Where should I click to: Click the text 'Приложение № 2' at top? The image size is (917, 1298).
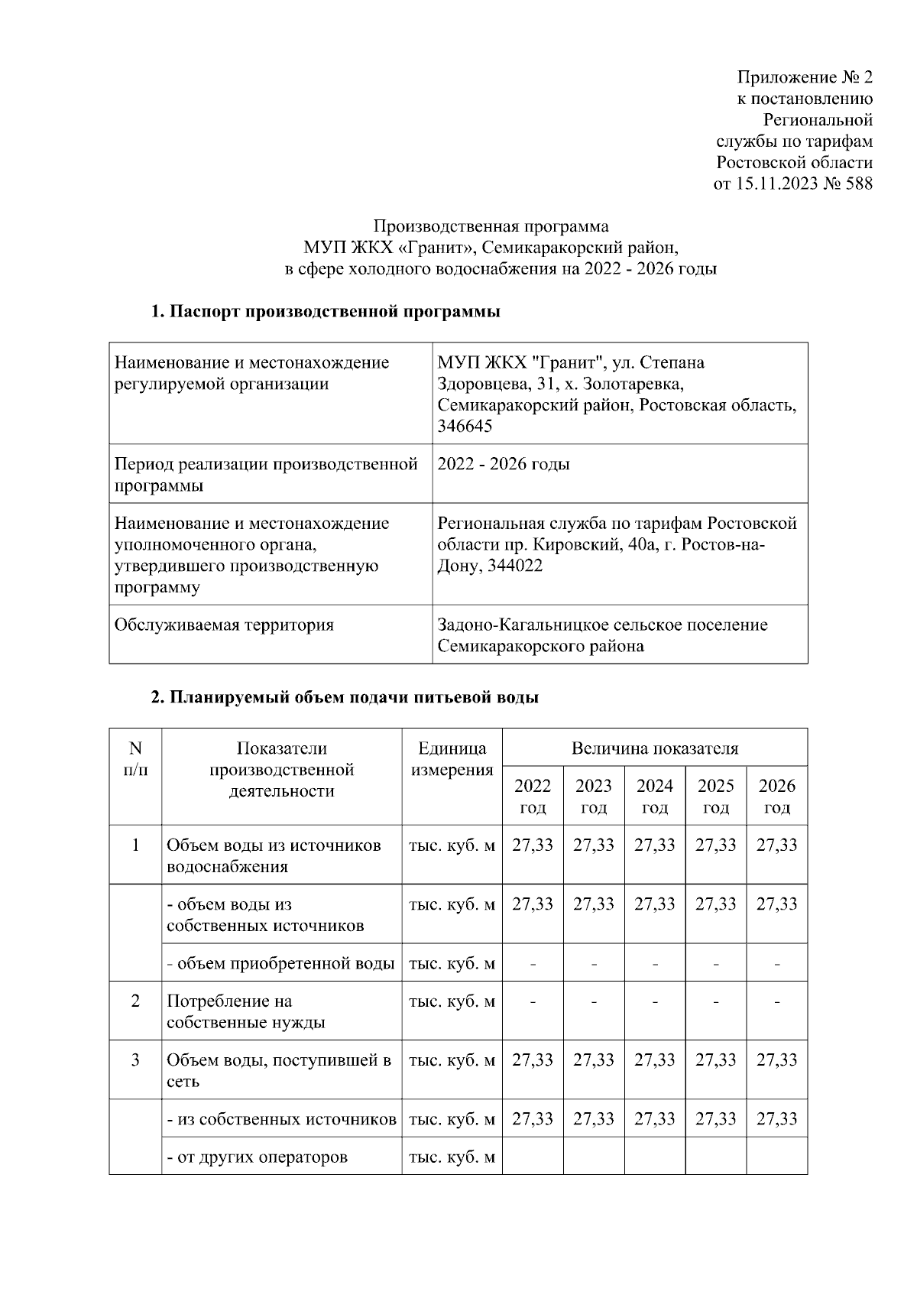pos(804,77)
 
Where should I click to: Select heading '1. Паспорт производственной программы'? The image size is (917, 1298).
pos(326,312)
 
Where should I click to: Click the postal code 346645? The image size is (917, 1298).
pos(465,427)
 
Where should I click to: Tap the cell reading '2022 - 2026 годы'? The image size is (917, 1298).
pos(504,464)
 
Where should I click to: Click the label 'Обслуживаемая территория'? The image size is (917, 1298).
pos(224,625)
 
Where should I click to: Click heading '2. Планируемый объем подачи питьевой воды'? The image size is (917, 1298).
pos(345,697)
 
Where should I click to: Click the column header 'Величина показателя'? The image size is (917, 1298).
pos(655,748)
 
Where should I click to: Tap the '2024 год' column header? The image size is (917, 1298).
pos(655,797)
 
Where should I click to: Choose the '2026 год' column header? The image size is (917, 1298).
pos(776,797)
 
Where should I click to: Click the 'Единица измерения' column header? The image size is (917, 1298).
pos(452,759)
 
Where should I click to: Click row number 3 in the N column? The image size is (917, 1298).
pos(135,1060)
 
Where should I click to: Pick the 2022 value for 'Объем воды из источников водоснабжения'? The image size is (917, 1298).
pos(533,845)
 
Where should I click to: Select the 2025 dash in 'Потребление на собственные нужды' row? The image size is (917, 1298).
pos(716,1001)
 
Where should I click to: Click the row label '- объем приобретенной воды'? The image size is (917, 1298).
pos(281,963)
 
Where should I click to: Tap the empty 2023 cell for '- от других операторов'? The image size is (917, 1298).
pos(594,1157)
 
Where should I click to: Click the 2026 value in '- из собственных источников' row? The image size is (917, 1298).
pos(776,1119)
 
